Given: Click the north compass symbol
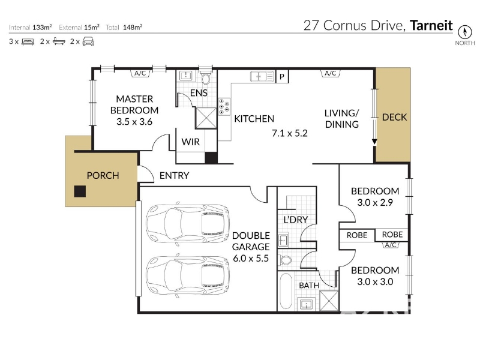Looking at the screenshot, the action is (464, 32).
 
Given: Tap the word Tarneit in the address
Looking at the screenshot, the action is (431, 25).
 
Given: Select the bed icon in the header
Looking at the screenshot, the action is (28, 41).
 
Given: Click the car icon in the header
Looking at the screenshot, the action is (88, 41).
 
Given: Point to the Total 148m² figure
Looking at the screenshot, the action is (124, 27).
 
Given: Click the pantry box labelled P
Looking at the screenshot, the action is (282, 77).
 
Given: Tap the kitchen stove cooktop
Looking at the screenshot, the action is (224, 107).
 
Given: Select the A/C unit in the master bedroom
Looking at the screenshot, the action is (140, 73).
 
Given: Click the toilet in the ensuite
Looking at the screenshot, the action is (205, 78).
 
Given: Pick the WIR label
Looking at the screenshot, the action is (190, 142).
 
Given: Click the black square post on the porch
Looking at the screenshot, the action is (80, 191).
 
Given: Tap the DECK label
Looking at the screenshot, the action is (394, 117).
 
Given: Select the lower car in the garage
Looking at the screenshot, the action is (188, 275).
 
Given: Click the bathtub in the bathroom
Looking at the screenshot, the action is (286, 291).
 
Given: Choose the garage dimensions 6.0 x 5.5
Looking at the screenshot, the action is (251, 259).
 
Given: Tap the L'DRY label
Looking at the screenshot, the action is (295, 220).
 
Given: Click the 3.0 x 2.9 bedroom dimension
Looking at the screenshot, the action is (375, 202).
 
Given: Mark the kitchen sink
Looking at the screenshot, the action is (262, 77).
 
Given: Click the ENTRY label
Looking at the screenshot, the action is (174, 175).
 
